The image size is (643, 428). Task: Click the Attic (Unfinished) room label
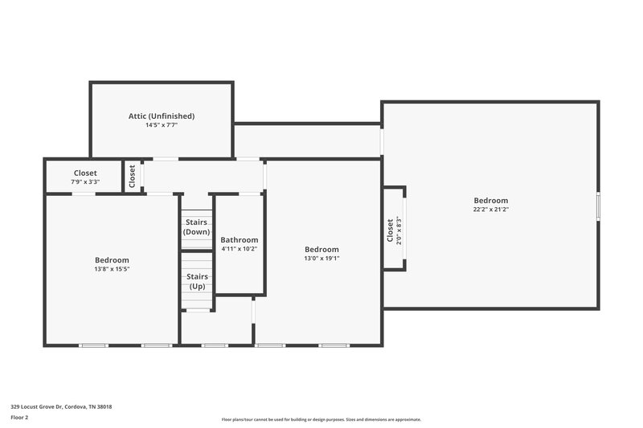(x=162, y=116)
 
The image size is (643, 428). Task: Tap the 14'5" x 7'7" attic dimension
(x=162, y=125)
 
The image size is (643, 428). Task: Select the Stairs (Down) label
(x=197, y=226)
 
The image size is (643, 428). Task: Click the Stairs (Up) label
(x=197, y=282)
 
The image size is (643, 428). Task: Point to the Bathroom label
(x=240, y=239)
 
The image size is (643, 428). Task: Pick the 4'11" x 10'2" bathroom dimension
(x=240, y=249)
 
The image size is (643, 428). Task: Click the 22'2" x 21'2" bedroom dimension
(x=490, y=210)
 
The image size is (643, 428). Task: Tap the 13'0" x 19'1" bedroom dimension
(x=321, y=259)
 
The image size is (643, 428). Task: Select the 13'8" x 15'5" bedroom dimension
(x=112, y=269)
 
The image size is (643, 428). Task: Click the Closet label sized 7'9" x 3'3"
(x=85, y=173)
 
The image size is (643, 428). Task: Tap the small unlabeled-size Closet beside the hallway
(x=132, y=177)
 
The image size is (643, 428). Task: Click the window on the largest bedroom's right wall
(x=597, y=205)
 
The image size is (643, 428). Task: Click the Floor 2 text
(x=19, y=418)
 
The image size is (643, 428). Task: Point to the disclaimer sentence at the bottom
(x=321, y=419)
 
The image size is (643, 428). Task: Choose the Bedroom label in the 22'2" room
(x=490, y=200)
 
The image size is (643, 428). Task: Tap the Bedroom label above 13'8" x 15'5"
(x=112, y=259)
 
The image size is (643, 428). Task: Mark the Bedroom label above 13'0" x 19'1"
(x=321, y=249)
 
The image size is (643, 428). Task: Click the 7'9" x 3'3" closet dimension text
(x=85, y=182)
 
